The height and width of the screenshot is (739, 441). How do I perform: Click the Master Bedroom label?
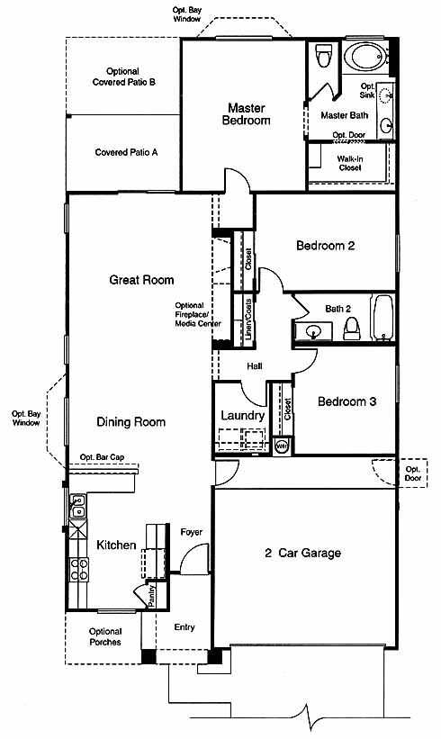coord(246,114)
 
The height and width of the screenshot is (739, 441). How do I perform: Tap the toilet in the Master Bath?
coord(324,55)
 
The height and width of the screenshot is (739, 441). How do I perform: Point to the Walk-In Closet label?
coord(349,164)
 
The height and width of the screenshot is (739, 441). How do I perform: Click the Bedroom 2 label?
coord(326,245)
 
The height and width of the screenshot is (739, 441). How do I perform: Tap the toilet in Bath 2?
coord(351,328)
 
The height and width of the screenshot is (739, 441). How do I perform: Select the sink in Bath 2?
coord(313,331)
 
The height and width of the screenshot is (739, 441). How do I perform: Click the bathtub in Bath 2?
coord(382,318)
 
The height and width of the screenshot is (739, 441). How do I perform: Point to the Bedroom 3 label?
coord(346,401)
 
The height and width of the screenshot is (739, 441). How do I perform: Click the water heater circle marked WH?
coord(282,446)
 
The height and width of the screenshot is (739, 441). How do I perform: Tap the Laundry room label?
coord(242,416)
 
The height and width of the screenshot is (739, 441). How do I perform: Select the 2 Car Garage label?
coord(303,553)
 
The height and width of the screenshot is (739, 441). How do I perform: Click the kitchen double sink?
coord(77,506)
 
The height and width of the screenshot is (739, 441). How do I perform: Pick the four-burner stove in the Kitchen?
coord(78,569)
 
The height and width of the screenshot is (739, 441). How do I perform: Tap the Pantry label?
coord(152,596)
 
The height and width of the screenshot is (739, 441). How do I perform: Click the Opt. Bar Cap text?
coord(102,457)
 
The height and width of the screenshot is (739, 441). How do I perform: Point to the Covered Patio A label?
coord(126,152)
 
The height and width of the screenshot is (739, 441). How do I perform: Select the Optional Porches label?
coord(105,636)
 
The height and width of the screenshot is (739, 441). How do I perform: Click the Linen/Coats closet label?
coord(248,320)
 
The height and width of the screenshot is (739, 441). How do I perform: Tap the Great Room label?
coord(141,280)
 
